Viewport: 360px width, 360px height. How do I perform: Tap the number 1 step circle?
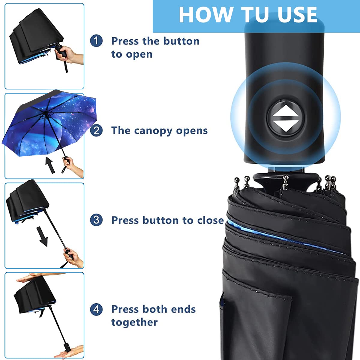96,41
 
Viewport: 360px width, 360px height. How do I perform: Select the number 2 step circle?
96,130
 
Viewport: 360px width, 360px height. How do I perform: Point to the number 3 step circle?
96,220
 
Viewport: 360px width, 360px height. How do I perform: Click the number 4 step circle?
96,309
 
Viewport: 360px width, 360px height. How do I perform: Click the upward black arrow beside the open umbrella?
50,165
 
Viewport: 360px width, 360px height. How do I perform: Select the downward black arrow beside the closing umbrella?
43,236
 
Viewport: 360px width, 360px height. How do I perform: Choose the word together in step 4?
134,322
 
